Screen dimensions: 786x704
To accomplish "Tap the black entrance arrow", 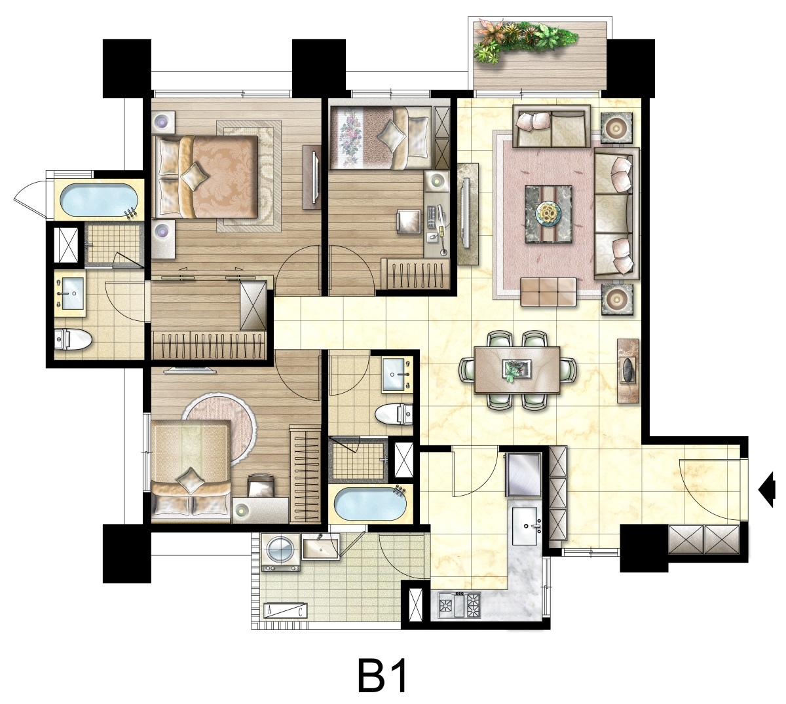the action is click(x=767, y=489).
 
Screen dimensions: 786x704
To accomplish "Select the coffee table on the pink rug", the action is click(x=549, y=215).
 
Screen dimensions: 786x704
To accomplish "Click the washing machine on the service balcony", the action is click(x=281, y=552).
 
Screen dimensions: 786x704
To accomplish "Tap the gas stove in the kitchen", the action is click(x=460, y=604).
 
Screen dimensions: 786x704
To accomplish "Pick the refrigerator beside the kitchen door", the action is click(x=523, y=475).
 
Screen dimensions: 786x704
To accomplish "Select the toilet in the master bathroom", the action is click(x=72, y=339).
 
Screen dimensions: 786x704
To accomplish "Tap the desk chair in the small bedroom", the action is click(x=409, y=222).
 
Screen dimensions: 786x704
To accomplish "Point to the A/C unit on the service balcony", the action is click(x=285, y=610).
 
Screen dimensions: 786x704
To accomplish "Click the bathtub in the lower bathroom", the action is click(x=371, y=504).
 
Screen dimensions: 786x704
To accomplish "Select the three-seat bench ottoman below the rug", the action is click(x=548, y=291).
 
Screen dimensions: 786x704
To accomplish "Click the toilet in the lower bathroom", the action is click(x=394, y=415).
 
